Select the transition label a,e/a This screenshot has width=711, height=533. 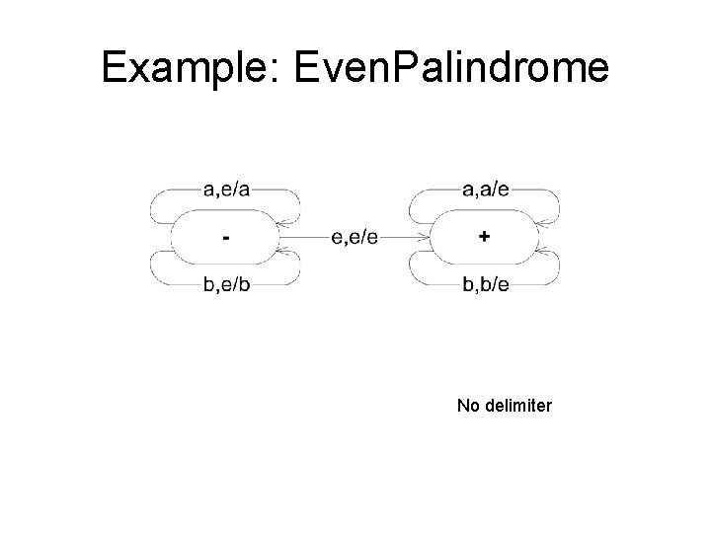click(226, 189)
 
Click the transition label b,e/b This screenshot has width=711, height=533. click(226, 286)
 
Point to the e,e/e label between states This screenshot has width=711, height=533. click(355, 237)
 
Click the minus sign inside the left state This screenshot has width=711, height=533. click(227, 238)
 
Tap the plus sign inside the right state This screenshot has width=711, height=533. click(484, 237)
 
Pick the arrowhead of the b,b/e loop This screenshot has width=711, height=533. click(547, 254)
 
